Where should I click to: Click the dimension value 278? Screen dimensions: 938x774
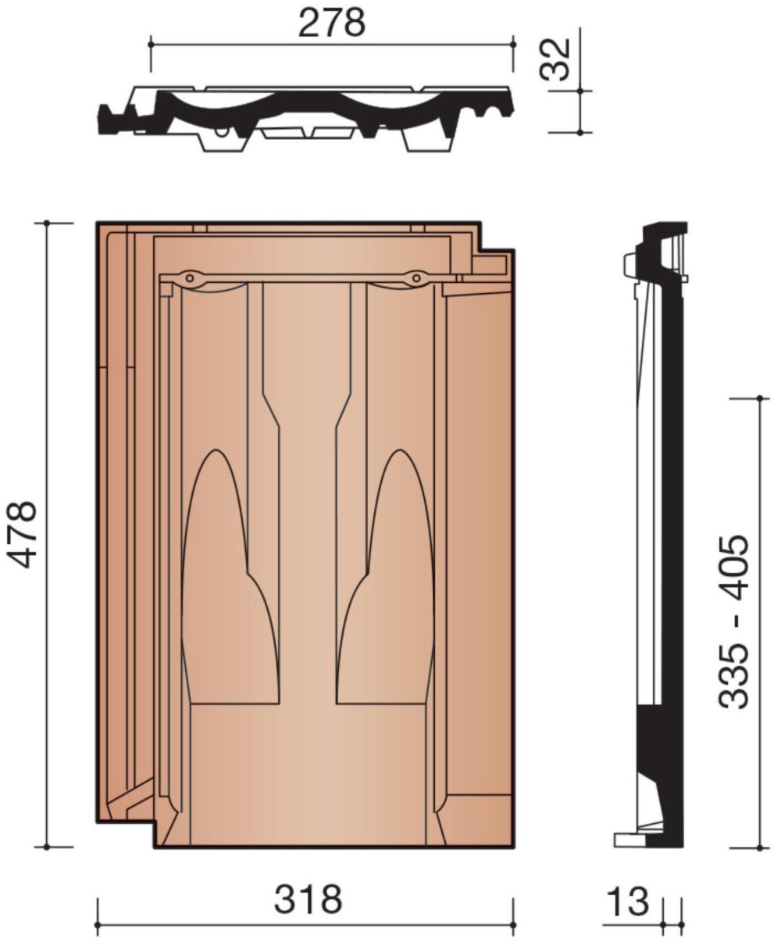click(x=331, y=23)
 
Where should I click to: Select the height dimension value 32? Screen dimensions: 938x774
click(x=557, y=59)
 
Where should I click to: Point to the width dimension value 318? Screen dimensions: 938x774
click(x=308, y=900)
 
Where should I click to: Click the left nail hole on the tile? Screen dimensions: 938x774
click(x=190, y=277)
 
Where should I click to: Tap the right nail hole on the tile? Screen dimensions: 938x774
click(x=417, y=277)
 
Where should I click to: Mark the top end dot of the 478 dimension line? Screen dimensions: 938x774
click(x=47, y=223)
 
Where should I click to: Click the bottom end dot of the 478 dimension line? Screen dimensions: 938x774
click(x=47, y=847)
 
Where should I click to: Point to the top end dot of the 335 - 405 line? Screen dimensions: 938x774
click(x=760, y=398)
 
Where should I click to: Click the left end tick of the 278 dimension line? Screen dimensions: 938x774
click(x=150, y=46)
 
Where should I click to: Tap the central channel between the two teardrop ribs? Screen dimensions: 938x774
click(x=308, y=547)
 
